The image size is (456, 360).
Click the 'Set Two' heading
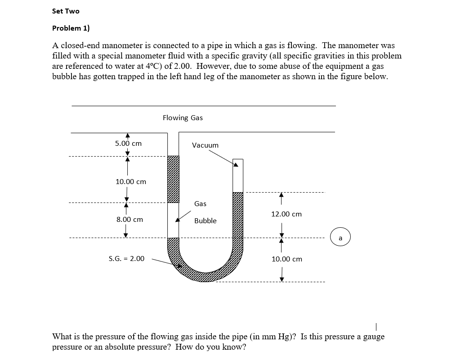point(66,11)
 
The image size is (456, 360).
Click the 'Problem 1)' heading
point(71,28)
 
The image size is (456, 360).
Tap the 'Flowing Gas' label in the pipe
point(183,118)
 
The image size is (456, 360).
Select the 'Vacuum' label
point(205,145)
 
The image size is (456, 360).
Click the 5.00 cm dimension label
point(128,144)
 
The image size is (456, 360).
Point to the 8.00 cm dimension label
point(130,220)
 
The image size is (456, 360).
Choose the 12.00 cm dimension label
point(286,214)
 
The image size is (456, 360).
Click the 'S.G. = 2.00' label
point(127,259)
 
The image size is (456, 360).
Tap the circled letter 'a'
point(340,237)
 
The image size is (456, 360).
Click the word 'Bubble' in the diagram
point(205,221)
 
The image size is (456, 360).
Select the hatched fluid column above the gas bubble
point(173,179)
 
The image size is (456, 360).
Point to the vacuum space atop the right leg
point(237,175)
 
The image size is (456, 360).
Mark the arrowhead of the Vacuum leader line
point(235,165)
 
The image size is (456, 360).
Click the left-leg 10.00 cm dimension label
point(131,182)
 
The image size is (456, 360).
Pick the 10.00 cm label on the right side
point(287,259)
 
